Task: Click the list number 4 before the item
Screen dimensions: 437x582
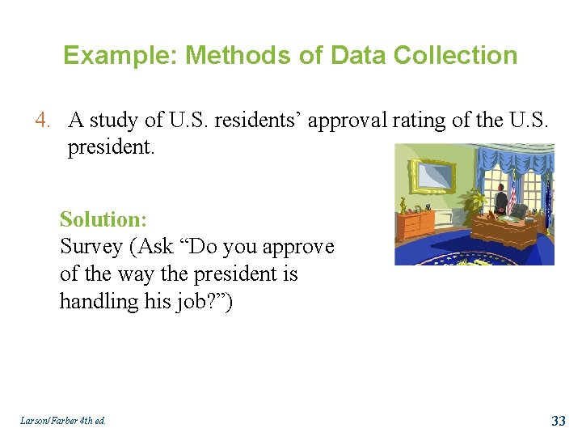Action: coord(43,121)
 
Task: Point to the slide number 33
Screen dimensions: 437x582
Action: coord(558,421)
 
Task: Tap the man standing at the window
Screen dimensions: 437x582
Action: coord(501,198)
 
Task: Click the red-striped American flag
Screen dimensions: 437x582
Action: coord(512,197)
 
